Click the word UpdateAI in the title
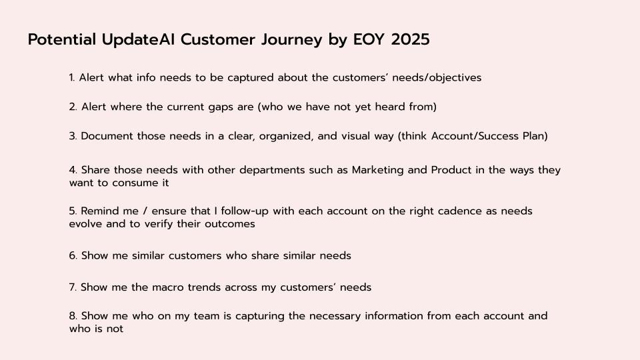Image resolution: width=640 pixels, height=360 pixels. tap(139, 40)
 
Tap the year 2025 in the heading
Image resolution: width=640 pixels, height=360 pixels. tap(410, 39)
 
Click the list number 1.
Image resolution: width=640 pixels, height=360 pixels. tap(72, 77)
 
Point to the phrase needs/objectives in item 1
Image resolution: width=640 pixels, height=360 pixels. tap(437, 77)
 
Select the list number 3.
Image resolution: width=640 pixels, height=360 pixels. tap(73, 136)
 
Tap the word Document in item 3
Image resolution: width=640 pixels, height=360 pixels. tap(107, 136)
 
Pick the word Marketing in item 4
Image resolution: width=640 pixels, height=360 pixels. tap(377, 170)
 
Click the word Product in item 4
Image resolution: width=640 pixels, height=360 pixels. tap(451, 170)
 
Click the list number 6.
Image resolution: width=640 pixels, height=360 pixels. tap(73, 255)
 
